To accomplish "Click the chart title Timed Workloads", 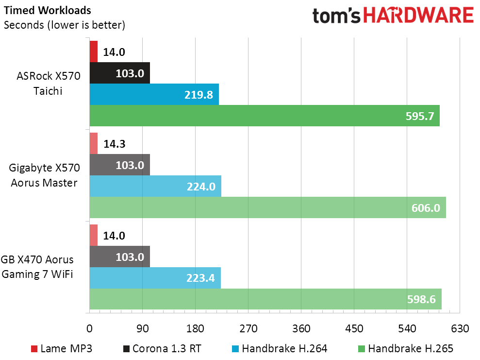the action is tap(48, 10).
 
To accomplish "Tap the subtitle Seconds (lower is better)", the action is tap(65, 25).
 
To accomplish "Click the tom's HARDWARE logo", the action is tap(393, 16).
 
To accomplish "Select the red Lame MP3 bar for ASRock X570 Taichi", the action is tap(94, 52).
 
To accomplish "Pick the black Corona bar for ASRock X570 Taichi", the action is tap(120, 73).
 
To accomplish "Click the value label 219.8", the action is tap(199, 95).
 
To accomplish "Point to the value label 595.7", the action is tap(420, 116).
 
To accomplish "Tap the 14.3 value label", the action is tap(114, 144).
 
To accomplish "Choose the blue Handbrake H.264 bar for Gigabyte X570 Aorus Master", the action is tap(155, 186).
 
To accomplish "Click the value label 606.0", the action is tap(426, 208).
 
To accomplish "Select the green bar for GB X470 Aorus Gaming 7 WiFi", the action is tap(265, 299).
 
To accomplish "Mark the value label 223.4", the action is tap(200, 278).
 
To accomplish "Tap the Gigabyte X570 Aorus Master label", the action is tap(44, 175).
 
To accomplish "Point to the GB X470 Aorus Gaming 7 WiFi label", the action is tap(37, 267).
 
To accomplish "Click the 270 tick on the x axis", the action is tap(248, 328).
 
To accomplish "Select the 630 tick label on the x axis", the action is tap(460, 328).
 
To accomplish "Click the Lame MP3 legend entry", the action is tap(62, 348).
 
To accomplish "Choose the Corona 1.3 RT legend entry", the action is tap(162, 348).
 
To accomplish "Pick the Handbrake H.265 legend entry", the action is tap(406, 348).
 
